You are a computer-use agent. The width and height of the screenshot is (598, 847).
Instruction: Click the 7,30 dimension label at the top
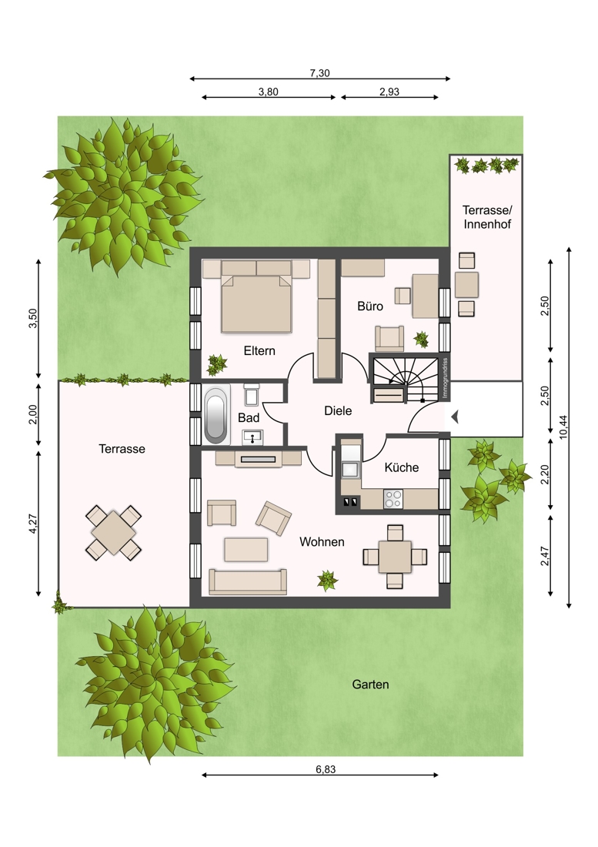coord(319,73)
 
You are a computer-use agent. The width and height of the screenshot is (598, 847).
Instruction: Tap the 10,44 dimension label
coord(563,427)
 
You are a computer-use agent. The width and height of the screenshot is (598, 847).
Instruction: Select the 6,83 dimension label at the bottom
coord(326,769)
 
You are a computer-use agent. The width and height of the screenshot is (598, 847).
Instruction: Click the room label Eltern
coord(259,350)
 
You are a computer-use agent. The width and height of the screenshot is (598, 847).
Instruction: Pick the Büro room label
coord(370,306)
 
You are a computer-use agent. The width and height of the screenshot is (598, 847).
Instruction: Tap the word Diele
coord(338,410)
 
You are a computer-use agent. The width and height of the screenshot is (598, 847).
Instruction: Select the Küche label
coord(402,467)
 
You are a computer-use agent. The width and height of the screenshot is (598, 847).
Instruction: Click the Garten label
coord(370,685)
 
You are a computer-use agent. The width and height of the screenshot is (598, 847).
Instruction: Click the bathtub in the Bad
coord(216,414)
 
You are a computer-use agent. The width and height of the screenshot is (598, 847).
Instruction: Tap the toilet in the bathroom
coord(252,395)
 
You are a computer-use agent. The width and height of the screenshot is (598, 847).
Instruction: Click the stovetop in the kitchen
coord(393,498)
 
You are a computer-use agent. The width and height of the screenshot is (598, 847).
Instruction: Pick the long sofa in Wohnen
coord(248,581)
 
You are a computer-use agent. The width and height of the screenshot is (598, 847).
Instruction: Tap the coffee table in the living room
coord(246,549)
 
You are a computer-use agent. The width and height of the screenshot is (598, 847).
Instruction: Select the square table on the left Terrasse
coord(113,532)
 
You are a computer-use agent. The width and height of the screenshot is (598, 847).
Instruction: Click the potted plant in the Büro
coord(421,340)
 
